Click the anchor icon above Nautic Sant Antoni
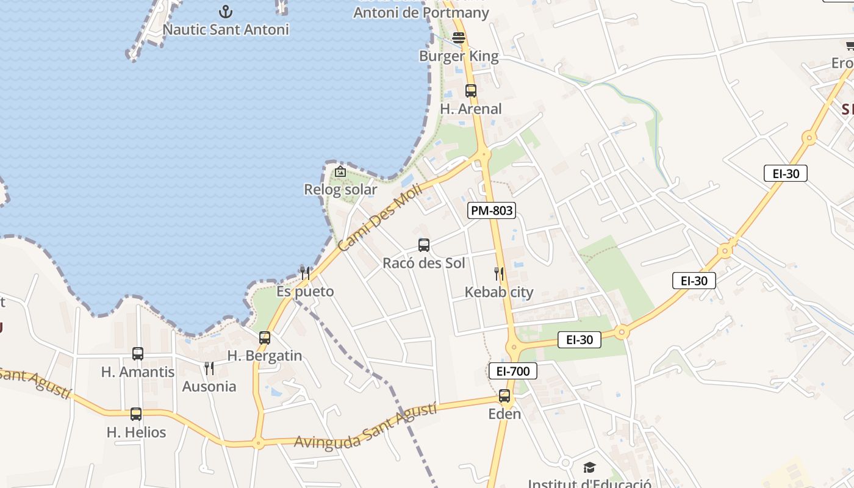(x=226, y=11)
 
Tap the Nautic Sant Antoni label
(x=226, y=29)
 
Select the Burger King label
(x=459, y=57)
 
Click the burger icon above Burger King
(x=459, y=38)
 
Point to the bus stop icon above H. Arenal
(x=471, y=91)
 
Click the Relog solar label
(x=340, y=190)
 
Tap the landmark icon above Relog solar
(x=340, y=172)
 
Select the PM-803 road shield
(x=492, y=211)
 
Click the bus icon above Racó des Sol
(x=424, y=245)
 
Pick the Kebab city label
(x=499, y=292)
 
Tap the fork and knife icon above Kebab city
(x=499, y=273)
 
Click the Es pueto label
(x=305, y=292)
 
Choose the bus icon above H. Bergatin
(x=265, y=338)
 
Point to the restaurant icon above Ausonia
(x=209, y=368)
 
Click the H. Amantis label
(x=138, y=372)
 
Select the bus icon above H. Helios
(x=136, y=414)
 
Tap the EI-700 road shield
(x=512, y=370)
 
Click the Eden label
(x=504, y=414)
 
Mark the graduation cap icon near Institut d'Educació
(x=589, y=468)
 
